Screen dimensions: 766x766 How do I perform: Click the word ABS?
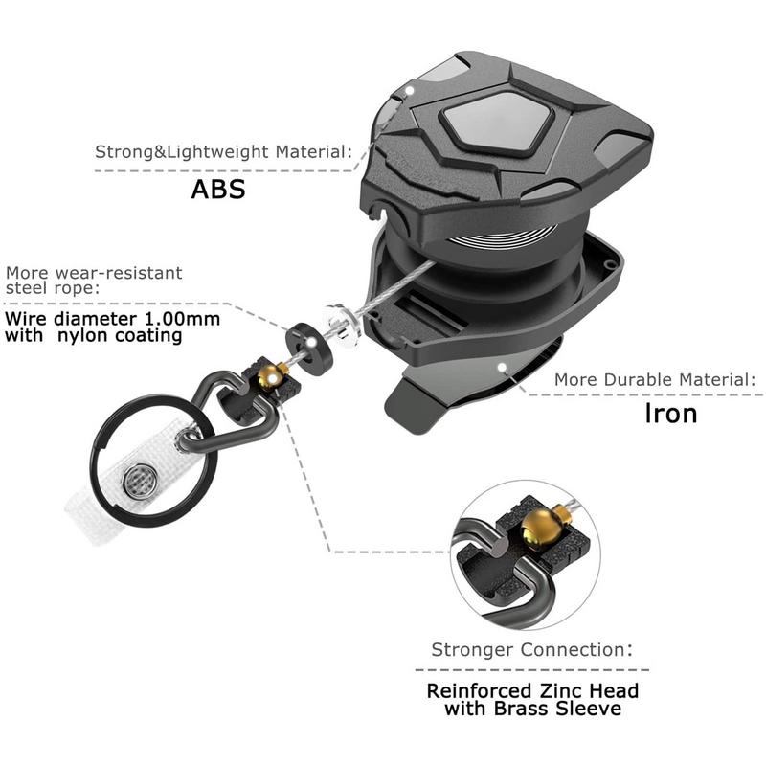(218, 189)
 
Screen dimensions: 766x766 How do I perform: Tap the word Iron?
(671, 414)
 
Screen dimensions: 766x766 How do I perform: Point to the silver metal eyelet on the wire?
(343, 325)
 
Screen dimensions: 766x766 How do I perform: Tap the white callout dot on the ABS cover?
(411, 90)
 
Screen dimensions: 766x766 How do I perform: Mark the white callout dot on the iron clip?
(502, 367)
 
